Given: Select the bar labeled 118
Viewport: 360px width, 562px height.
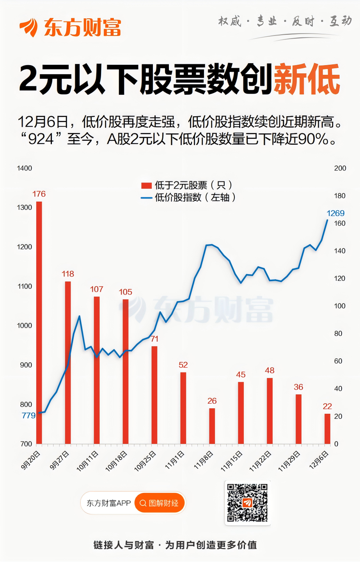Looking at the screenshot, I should pyautogui.click(x=68, y=363).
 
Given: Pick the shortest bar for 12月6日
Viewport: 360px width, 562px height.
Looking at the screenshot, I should pyautogui.click(x=327, y=429).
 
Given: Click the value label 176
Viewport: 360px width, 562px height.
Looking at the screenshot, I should pyautogui.click(x=39, y=194).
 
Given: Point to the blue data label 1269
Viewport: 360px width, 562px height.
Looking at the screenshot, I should pyautogui.click(x=335, y=213).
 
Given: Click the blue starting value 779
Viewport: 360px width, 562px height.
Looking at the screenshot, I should pyautogui.click(x=28, y=415).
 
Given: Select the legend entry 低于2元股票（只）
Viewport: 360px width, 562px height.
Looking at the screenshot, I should pyautogui.click(x=188, y=185).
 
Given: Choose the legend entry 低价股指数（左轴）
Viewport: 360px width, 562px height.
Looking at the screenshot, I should pyautogui.click(x=189, y=197).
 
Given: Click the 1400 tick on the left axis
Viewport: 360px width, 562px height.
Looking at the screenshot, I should pyautogui.click(x=25, y=168).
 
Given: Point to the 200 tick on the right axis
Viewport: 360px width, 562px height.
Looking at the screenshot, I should pyautogui.click(x=340, y=168).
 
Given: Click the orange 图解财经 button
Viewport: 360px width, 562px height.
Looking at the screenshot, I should pyautogui.click(x=160, y=503).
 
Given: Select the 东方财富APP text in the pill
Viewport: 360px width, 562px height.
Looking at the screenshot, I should pyautogui.click(x=108, y=503).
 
